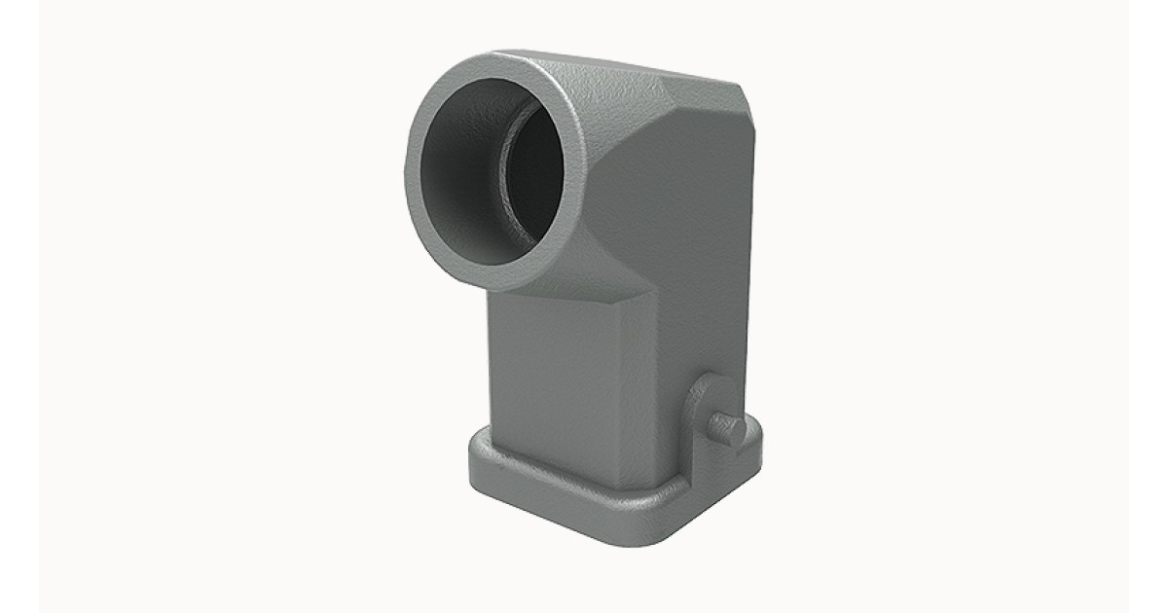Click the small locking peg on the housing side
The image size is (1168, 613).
pos(726,425)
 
